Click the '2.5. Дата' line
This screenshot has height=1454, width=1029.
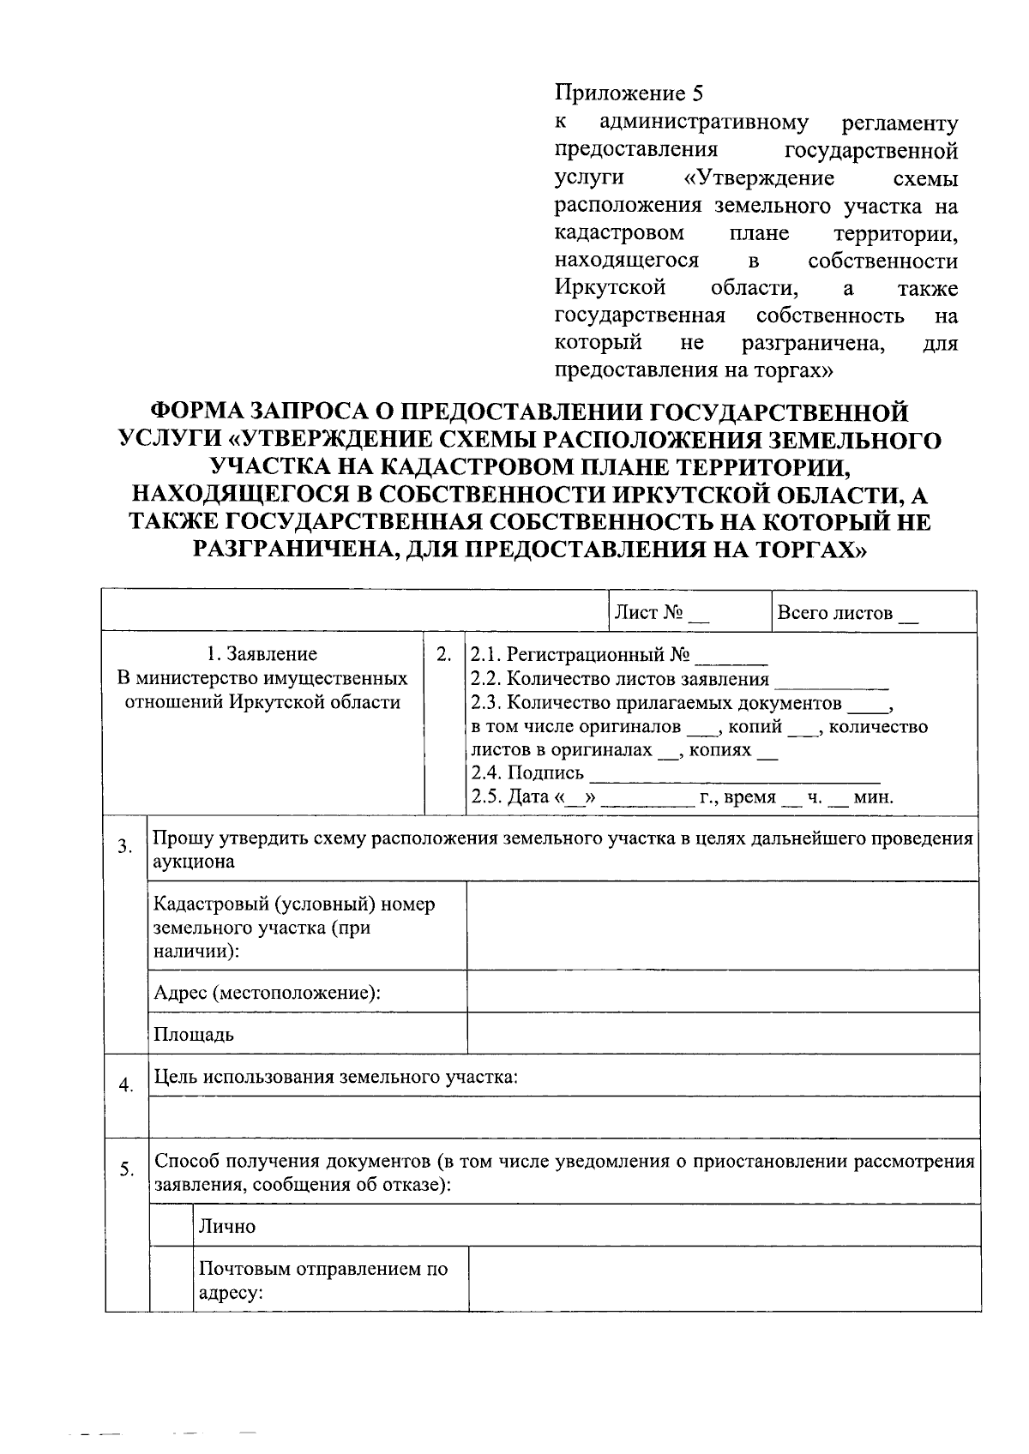click(x=682, y=796)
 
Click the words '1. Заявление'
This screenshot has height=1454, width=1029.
click(x=262, y=654)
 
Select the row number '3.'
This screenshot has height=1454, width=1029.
click(x=125, y=848)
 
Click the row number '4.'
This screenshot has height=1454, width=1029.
click(x=126, y=1085)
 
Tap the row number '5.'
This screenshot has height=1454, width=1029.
click(x=126, y=1169)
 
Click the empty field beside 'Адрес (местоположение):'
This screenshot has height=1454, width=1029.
click(x=722, y=992)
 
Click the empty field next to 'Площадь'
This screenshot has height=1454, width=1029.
click(x=722, y=1033)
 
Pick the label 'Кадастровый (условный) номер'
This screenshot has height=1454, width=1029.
click(x=293, y=905)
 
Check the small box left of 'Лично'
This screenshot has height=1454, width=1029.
click(x=171, y=1225)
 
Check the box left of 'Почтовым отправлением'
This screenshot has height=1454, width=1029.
click(x=171, y=1278)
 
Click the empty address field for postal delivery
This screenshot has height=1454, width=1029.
click(x=724, y=1278)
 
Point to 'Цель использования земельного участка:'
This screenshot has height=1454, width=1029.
click(x=335, y=1076)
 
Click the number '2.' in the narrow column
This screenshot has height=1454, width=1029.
click(x=444, y=655)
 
